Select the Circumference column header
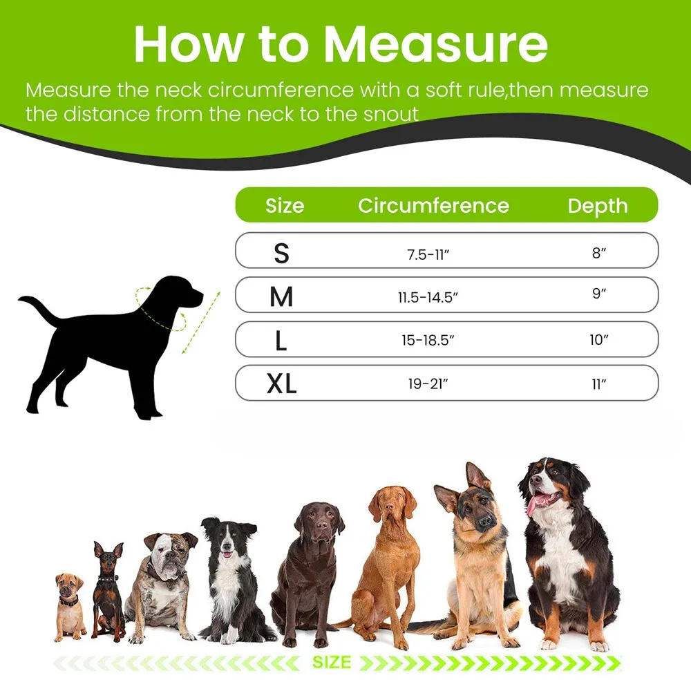point(433,206)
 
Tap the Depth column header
point(598,206)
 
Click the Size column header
point(285,206)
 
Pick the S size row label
point(281,254)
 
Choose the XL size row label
point(281,384)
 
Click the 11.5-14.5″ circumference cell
point(428,298)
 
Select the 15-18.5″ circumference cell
point(428,341)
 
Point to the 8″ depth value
point(599,254)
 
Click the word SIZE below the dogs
point(332,662)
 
